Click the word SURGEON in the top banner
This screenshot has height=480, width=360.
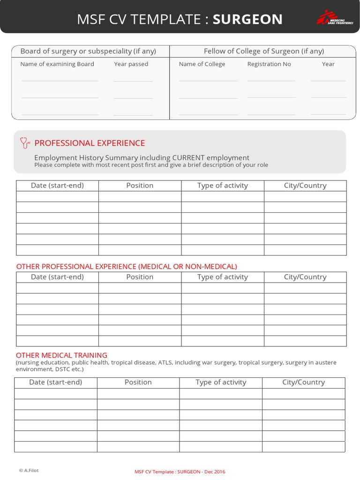[x=247, y=19]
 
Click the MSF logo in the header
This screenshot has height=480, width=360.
[x=334, y=19]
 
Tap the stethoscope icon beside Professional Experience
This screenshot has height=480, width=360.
[x=25, y=142]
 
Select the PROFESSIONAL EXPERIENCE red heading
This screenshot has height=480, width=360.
[x=90, y=143]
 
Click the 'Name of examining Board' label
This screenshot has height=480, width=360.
[x=57, y=64]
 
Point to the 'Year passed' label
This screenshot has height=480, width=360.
[x=131, y=64]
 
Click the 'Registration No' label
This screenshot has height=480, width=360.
[x=269, y=64]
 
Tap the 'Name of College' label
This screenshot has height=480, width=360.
[x=202, y=64]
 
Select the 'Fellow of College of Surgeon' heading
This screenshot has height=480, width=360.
[x=263, y=51]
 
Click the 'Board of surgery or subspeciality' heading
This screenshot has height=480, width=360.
[x=88, y=51]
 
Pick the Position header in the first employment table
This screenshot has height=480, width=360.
[x=140, y=186]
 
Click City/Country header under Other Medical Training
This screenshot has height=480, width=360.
[x=303, y=382]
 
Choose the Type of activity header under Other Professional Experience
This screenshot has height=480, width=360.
[x=223, y=277]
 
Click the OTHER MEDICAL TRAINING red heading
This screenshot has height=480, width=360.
[x=61, y=355]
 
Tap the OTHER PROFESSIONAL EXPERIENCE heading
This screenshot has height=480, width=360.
[x=127, y=267]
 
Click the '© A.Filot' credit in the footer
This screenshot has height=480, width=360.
[x=29, y=470]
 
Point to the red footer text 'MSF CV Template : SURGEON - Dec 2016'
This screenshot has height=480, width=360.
[x=180, y=471]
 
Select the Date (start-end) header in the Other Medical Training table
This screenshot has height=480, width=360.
[x=55, y=382]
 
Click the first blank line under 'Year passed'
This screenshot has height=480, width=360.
[x=133, y=81]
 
